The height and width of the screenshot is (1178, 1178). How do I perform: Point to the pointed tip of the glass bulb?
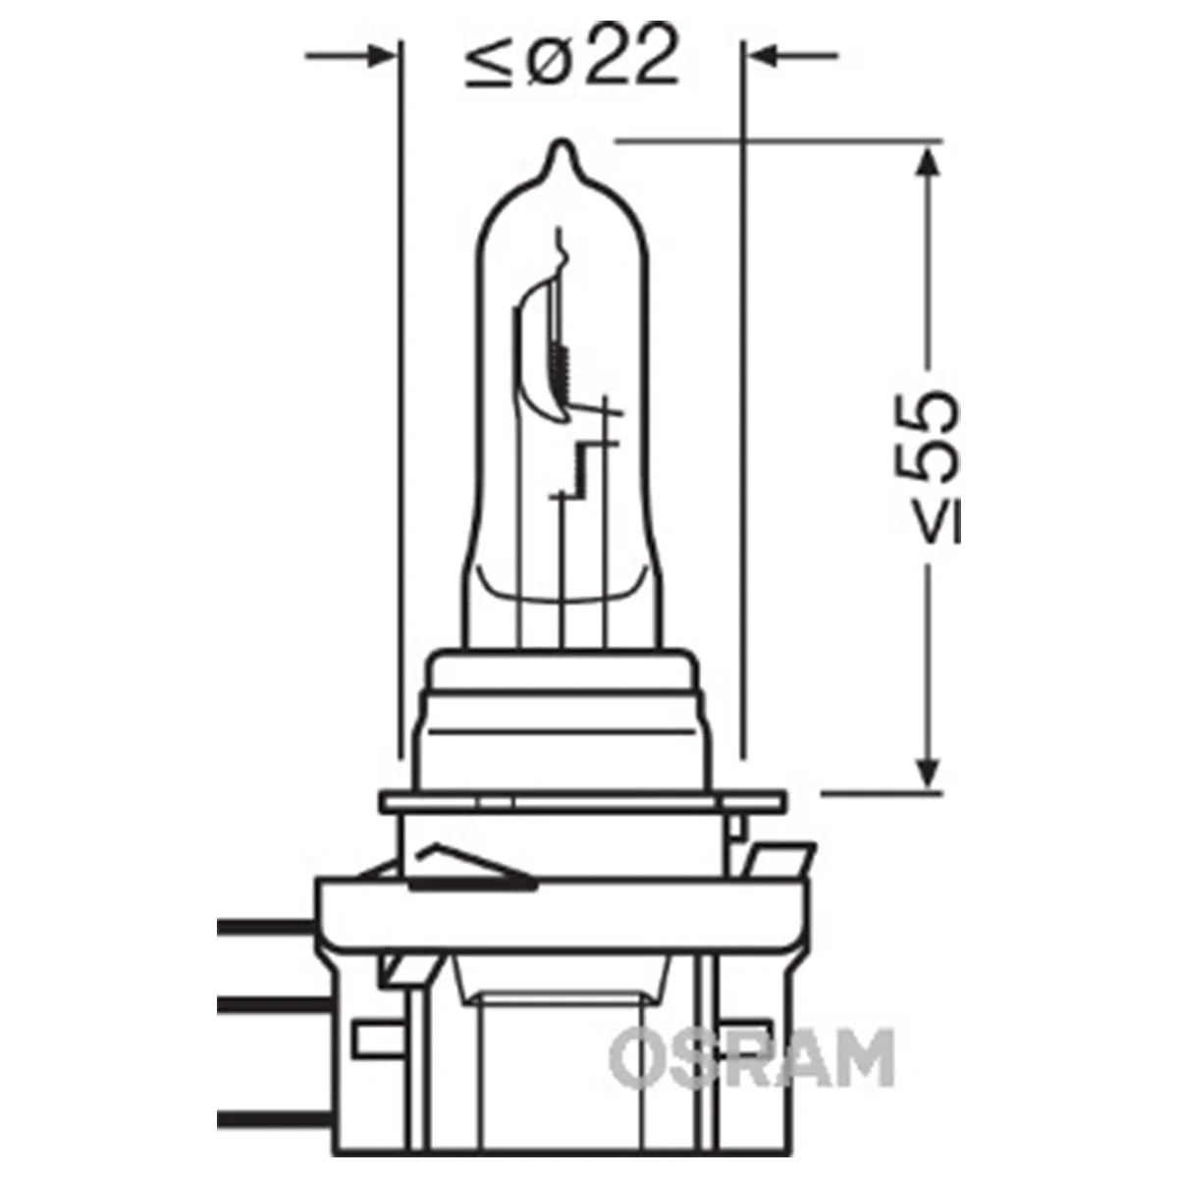pos(562,141)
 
